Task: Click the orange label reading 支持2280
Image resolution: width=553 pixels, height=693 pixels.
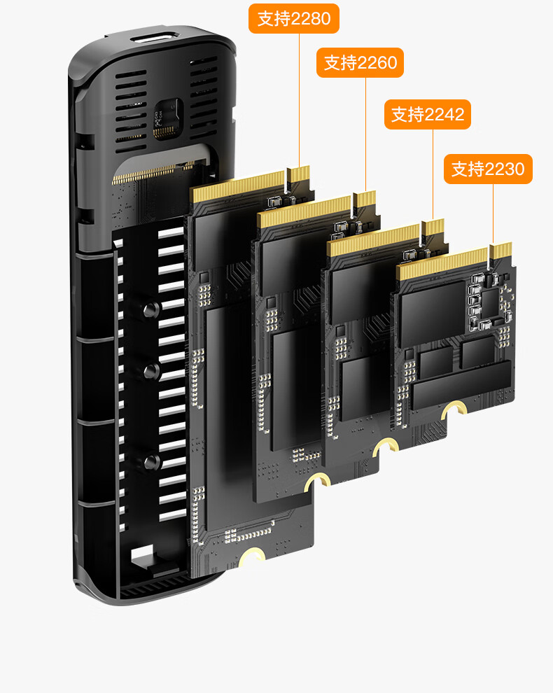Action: tap(294, 19)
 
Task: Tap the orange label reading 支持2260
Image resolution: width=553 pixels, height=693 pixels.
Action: tap(360, 63)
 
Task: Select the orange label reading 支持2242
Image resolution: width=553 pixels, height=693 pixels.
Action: tap(428, 115)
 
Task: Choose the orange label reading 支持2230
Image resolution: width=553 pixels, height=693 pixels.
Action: tap(488, 169)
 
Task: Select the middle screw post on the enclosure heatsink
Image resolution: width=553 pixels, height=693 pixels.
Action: tap(152, 371)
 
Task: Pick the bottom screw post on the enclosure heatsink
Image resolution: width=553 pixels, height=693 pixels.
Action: tap(152, 462)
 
